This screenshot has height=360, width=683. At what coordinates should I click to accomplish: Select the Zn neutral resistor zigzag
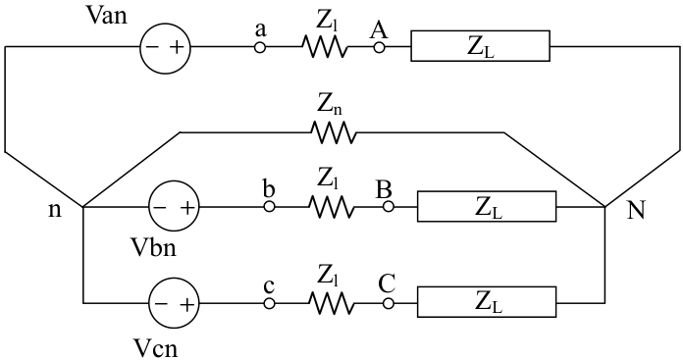334,132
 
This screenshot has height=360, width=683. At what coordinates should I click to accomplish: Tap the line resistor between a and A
325,47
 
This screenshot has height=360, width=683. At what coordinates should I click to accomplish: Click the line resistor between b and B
332,207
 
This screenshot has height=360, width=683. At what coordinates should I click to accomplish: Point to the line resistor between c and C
332,303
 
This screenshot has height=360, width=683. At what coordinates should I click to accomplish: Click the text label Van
107,16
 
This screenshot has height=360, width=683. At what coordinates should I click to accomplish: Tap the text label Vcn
155,348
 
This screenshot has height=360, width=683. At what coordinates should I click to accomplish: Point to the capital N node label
636,211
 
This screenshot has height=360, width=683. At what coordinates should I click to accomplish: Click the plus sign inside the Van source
177,47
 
